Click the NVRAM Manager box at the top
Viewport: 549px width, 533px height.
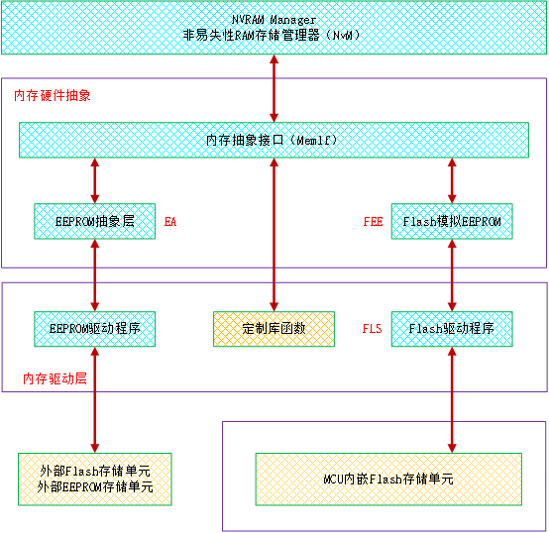[274, 28]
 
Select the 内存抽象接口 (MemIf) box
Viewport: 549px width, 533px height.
[274, 140]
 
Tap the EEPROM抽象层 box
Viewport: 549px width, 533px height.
[94, 221]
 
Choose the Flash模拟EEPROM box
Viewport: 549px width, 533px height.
[452, 221]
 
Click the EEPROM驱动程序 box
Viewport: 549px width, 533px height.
[94, 329]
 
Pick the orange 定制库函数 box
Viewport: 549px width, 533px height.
[274, 329]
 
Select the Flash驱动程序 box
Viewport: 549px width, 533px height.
[452, 329]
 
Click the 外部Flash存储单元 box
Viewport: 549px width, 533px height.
[95, 480]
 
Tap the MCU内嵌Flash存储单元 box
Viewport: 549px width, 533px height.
[388, 480]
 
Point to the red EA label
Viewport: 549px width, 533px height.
[170, 222]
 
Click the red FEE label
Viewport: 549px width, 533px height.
[373, 222]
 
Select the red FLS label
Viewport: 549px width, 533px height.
[372, 329]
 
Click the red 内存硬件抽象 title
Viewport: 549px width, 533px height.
[53, 95]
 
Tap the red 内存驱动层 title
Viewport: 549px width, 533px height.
[55, 378]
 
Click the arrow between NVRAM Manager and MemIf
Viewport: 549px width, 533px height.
[274, 88]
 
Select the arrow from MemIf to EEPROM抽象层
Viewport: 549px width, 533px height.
[95, 180]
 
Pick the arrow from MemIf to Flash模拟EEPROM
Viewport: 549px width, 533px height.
[452, 180]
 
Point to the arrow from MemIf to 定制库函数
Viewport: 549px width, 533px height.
[274, 235]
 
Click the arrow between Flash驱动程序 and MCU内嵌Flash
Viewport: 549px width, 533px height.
[452, 400]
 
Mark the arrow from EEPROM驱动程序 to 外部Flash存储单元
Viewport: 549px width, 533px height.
[95, 400]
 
